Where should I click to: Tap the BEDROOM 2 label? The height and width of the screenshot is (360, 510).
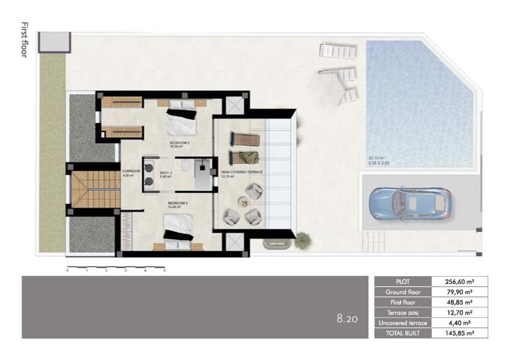pyautogui.click(x=179, y=143)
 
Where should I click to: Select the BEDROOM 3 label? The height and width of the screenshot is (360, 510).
pyautogui.click(x=177, y=204)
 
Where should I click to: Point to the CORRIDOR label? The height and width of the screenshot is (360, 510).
pyautogui.click(x=131, y=171)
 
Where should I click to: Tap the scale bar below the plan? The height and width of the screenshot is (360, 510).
pyautogui.click(x=116, y=270)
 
